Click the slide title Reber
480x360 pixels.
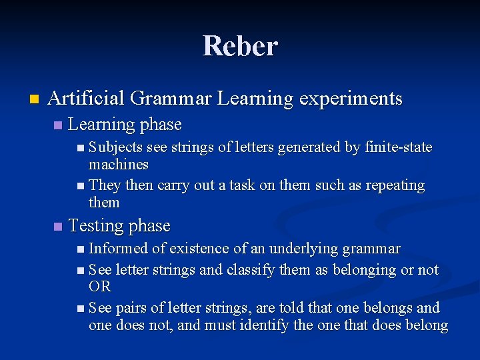pos(240,46)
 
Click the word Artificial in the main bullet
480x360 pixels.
pos(86,99)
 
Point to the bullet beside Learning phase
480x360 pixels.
pos(58,125)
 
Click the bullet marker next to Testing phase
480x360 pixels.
pos(58,227)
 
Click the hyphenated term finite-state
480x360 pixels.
pos(399,147)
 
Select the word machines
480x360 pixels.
pos(118,164)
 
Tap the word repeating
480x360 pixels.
pos(392,185)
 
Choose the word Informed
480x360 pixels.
pos(119,249)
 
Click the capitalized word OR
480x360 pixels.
pos(99,287)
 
